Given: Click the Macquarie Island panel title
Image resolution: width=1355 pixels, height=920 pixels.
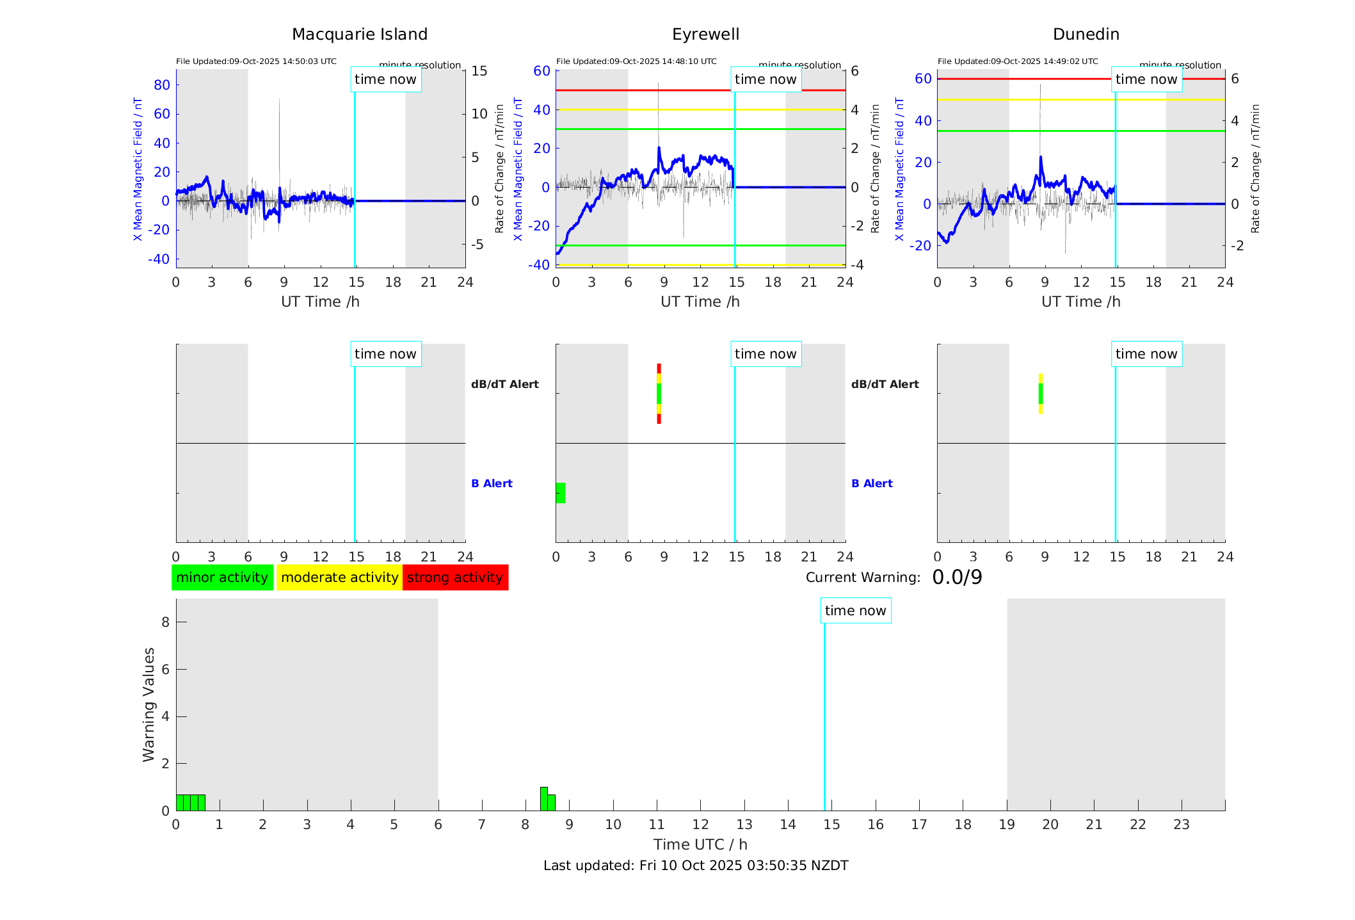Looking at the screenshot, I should click(x=359, y=35).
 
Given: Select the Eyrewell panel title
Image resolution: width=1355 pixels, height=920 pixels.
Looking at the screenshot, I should click(x=705, y=35).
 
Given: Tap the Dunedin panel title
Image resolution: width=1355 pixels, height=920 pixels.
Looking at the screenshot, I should click(x=1086, y=35).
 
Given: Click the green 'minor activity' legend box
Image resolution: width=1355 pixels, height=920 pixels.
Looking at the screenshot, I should click(x=222, y=577).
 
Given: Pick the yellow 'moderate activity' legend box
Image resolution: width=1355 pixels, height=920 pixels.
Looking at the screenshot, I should click(x=339, y=577).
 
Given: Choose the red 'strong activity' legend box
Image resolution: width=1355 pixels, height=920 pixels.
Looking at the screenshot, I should click(x=455, y=577).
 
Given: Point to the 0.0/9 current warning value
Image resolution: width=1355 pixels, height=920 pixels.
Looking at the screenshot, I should click(x=957, y=577).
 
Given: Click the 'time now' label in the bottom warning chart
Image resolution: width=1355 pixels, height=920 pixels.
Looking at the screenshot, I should click(x=855, y=611).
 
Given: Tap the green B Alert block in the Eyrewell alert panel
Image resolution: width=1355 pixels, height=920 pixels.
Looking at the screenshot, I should click(x=561, y=493).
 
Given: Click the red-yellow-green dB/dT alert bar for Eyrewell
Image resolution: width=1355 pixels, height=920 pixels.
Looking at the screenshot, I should click(x=659, y=394).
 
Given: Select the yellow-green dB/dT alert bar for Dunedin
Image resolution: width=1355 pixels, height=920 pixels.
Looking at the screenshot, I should click(x=1041, y=394).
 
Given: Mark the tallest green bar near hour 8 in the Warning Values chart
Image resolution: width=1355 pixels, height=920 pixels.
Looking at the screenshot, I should click(x=543, y=798).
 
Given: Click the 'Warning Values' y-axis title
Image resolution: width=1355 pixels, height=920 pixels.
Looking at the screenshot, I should click(x=148, y=704).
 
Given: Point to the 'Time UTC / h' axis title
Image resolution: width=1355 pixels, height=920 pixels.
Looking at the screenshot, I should click(x=700, y=844).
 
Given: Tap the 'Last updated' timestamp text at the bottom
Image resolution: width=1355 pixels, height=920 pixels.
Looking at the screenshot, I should click(x=696, y=866).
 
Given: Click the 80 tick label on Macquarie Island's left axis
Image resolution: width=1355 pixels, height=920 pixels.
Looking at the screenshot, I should click(x=162, y=85).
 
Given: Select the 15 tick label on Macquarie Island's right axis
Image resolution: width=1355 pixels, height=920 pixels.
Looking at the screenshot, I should click(x=479, y=71).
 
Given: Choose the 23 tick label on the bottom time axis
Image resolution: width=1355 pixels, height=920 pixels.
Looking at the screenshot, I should click(x=1181, y=825).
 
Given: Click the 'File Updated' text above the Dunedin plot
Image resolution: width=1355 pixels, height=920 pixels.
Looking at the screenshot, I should click(x=1018, y=61).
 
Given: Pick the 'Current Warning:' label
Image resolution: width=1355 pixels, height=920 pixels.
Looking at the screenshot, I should click(x=862, y=577).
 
